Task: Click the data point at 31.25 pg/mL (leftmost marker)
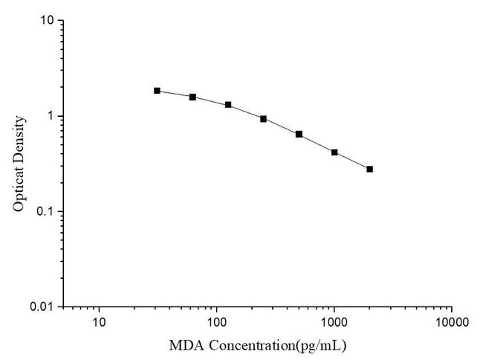point(157,91)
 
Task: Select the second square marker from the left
point(192,97)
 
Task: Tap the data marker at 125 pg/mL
point(228,105)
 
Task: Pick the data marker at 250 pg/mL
point(263,118)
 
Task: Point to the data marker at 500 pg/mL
point(299,134)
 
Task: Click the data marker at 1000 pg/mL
point(334,152)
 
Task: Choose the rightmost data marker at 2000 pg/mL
point(369,169)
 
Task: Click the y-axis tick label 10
point(46,21)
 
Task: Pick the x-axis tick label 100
point(216,323)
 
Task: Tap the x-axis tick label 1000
point(334,323)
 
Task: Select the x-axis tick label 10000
point(452,323)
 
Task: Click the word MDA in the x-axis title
point(184,346)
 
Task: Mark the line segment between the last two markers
point(352,161)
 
